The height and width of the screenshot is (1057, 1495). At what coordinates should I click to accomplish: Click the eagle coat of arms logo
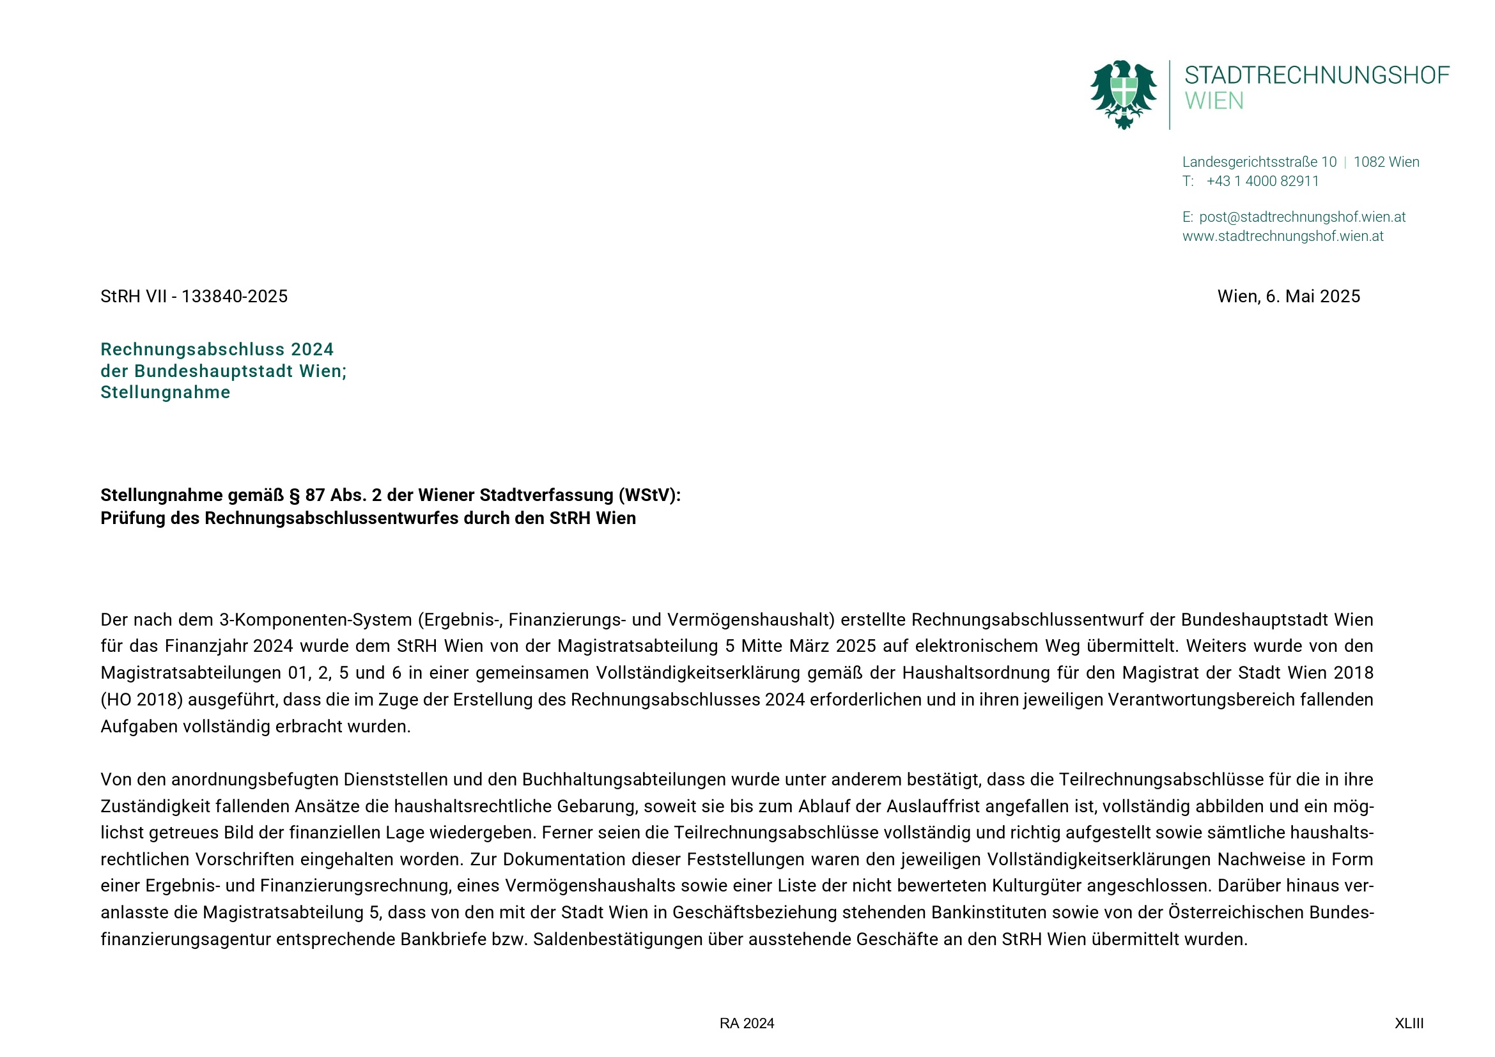[1123, 95]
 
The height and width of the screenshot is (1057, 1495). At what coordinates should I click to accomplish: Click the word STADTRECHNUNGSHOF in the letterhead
[1317, 75]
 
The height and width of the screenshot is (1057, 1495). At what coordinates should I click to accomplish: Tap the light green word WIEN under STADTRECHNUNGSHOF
[1214, 102]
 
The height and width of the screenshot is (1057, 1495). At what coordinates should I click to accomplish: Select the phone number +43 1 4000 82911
[1262, 181]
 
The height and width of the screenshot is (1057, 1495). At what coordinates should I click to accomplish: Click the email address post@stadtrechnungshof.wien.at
[1302, 217]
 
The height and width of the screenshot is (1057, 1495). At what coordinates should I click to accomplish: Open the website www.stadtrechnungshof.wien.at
[1283, 236]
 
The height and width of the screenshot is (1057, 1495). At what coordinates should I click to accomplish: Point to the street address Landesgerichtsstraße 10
[1259, 162]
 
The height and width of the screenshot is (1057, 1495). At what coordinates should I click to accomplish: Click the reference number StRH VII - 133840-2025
[194, 297]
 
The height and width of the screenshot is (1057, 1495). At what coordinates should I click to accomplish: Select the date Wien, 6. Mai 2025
[1289, 297]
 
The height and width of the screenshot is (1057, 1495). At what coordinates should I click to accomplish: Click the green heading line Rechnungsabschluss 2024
[217, 350]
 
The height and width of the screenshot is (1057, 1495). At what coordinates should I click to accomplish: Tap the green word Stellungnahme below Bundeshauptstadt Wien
[166, 392]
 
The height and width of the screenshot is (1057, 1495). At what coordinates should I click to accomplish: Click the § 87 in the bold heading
[307, 495]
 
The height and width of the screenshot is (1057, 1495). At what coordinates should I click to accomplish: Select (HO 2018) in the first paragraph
[142, 700]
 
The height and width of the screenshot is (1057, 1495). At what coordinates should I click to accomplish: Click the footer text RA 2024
[747, 1024]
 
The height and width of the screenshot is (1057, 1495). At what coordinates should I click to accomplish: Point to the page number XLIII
[1409, 1024]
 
